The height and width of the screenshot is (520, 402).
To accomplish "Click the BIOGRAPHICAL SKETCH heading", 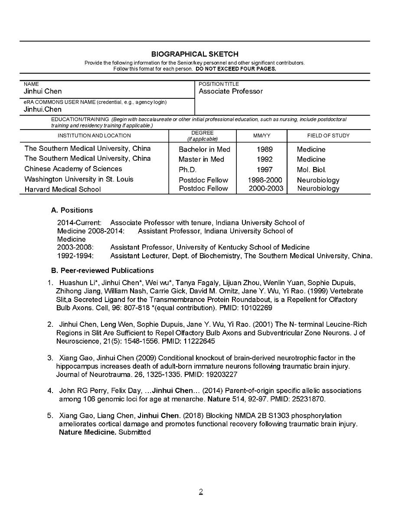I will (x=195, y=54).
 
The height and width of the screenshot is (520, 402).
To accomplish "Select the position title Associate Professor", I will (x=231, y=91).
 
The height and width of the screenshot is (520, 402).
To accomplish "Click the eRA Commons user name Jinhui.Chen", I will (x=42, y=109).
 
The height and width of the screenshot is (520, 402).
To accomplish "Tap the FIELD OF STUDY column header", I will (x=328, y=136).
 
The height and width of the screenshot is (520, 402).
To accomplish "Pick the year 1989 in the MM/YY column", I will (x=265, y=149).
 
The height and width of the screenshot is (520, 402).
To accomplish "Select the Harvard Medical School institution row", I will (x=62, y=189).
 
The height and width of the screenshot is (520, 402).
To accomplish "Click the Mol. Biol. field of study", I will (x=311, y=170).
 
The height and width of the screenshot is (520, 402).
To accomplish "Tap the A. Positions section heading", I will (x=72, y=210).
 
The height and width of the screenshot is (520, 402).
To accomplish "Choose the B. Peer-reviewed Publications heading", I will (x=102, y=270).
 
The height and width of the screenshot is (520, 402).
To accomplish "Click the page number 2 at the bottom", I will (x=201, y=491).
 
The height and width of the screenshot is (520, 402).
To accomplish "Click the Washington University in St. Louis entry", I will (x=79, y=179).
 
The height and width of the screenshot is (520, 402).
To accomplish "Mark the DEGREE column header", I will (x=202, y=133).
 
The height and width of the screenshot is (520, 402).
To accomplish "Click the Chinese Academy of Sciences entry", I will (x=73, y=169).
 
